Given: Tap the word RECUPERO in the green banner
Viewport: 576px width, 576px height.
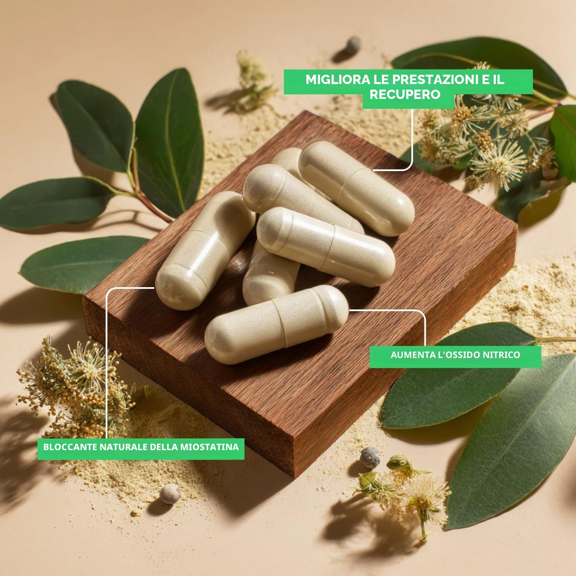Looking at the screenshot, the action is (x=405, y=94).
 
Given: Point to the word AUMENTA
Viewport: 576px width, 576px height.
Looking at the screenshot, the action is (x=410, y=355).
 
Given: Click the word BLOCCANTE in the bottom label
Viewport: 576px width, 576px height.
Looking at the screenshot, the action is (x=70, y=447).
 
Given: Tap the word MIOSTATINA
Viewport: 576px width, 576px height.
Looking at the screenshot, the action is (x=209, y=447).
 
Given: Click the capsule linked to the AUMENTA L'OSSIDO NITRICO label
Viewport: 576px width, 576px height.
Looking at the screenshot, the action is (x=276, y=325).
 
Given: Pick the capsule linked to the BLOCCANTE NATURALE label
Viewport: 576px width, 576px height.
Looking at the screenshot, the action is (x=205, y=250).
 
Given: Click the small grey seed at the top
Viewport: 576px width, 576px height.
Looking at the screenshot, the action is (x=353, y=45).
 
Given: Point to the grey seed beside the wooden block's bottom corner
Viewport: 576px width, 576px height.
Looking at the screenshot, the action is (x=370, y=458).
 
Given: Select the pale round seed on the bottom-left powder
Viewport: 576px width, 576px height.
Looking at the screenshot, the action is (x=170, y=494).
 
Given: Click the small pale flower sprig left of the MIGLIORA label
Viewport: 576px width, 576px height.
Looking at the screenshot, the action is (x=254, y=79).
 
